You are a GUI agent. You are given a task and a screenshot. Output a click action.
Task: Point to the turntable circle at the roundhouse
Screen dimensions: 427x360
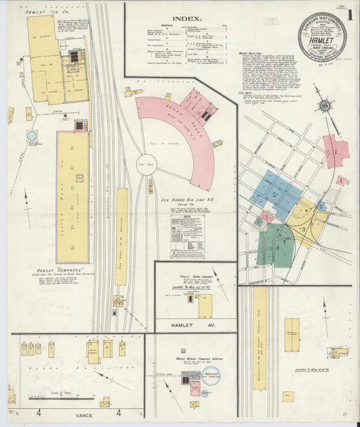pyautogui.click(x=147, y=165)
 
